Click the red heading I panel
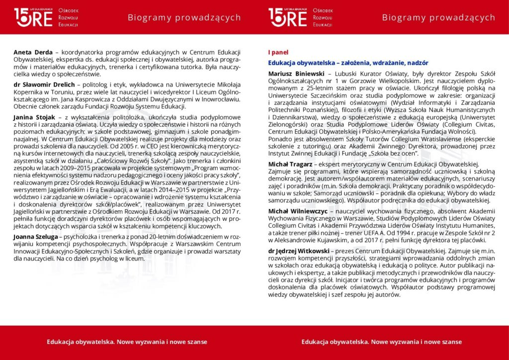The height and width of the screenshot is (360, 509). [278, 52]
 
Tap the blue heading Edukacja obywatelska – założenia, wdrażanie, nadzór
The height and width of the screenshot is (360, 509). [348, 63]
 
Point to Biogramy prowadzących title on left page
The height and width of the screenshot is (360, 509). [184, 18]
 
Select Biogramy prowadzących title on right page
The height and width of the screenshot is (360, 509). [438, 18]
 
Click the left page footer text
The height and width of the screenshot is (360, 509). [127, 342]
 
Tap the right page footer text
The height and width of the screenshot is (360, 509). [381, 342]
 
